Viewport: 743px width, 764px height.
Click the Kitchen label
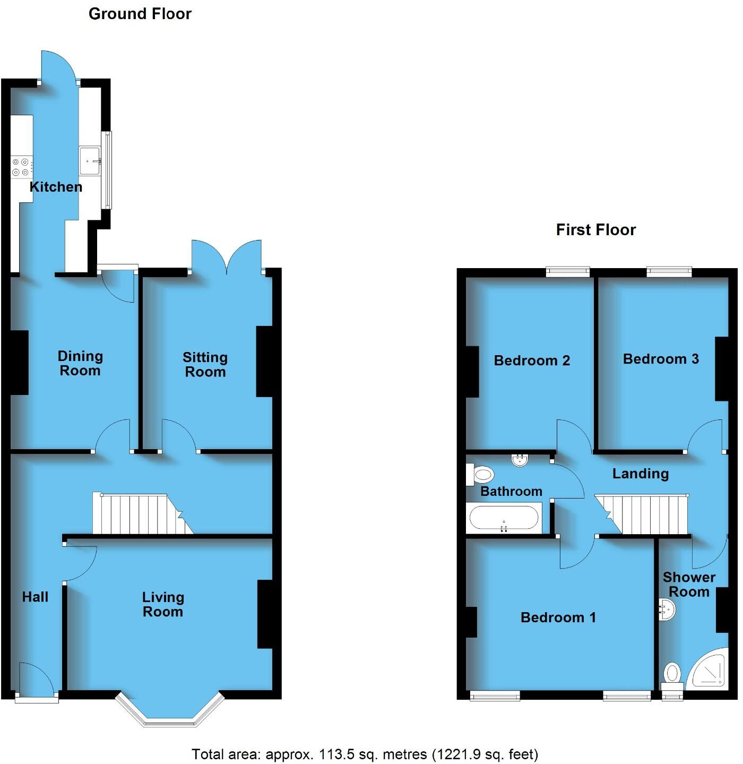coord(56,187)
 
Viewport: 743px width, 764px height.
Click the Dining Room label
coord(80,364)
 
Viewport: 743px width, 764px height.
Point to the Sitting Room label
coord(205,365)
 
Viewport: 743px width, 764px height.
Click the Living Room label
coord(163,605)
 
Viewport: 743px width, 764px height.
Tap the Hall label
coord(35,597)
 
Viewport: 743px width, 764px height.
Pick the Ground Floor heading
coord(140,14)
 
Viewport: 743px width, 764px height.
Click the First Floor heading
coord(595,230)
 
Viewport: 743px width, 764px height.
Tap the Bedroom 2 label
coord(532,361)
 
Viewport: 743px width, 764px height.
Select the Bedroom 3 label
coord(661,359)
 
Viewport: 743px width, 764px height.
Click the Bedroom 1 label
coord(558,617)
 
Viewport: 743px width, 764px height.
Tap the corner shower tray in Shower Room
coord(709,670)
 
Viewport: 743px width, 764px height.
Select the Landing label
coord(641,474)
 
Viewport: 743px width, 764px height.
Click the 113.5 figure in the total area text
coord(337,754)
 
